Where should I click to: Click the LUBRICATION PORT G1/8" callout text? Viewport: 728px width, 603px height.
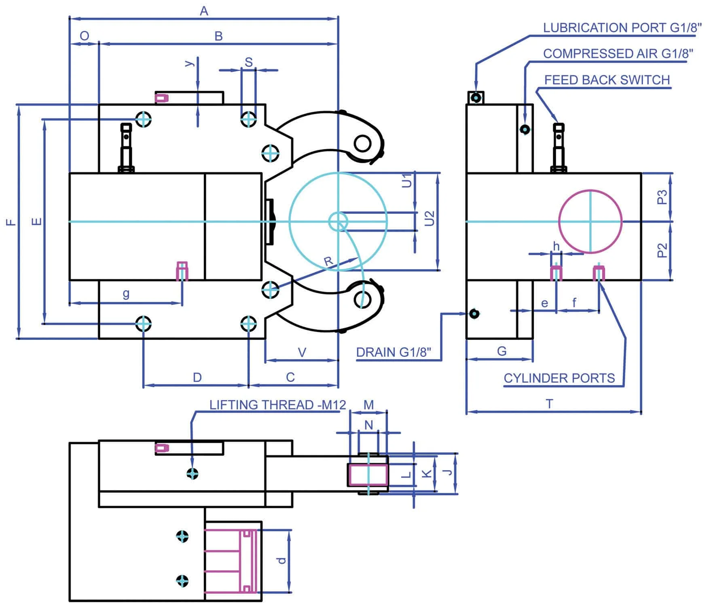point(622,28)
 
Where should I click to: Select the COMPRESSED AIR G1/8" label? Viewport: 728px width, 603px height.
point(618,53)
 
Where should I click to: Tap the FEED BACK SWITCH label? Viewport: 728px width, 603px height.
point(607,80)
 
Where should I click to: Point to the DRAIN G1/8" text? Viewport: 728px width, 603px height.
point(394,352)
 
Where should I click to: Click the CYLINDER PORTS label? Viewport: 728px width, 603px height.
point(559,378)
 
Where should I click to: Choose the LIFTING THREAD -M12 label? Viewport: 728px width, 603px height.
point(277,405)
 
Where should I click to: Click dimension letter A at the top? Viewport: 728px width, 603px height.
point(204,11)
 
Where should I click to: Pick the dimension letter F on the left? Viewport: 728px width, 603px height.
point(11,222)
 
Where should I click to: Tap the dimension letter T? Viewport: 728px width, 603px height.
point(549,404)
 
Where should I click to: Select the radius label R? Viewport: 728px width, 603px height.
point(328,262)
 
